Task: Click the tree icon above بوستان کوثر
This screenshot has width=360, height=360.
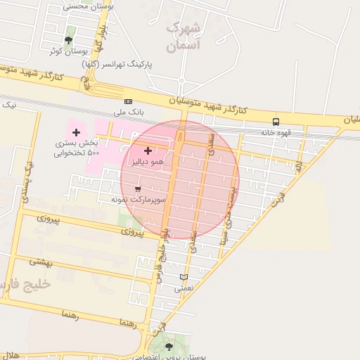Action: [x=68, y=41]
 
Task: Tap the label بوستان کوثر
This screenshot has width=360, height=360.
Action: [x=67, y=51]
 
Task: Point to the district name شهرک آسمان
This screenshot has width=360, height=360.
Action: [x=184, y=37]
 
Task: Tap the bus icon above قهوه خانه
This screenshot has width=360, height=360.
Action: [x=275, y=122]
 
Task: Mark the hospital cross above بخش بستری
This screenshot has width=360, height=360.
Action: [x=76, y=132]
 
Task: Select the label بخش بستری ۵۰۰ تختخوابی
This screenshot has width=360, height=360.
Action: [x=77, y=148]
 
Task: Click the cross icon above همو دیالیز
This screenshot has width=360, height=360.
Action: [x=148, y=150]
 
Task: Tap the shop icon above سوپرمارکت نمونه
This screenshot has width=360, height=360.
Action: [x=138, y=189]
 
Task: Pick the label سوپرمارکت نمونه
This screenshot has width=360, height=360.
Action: [x=138, y=200]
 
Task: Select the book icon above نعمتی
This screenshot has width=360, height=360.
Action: [x=184, y=277]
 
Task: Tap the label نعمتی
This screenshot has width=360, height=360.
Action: [x=184, y=288]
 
